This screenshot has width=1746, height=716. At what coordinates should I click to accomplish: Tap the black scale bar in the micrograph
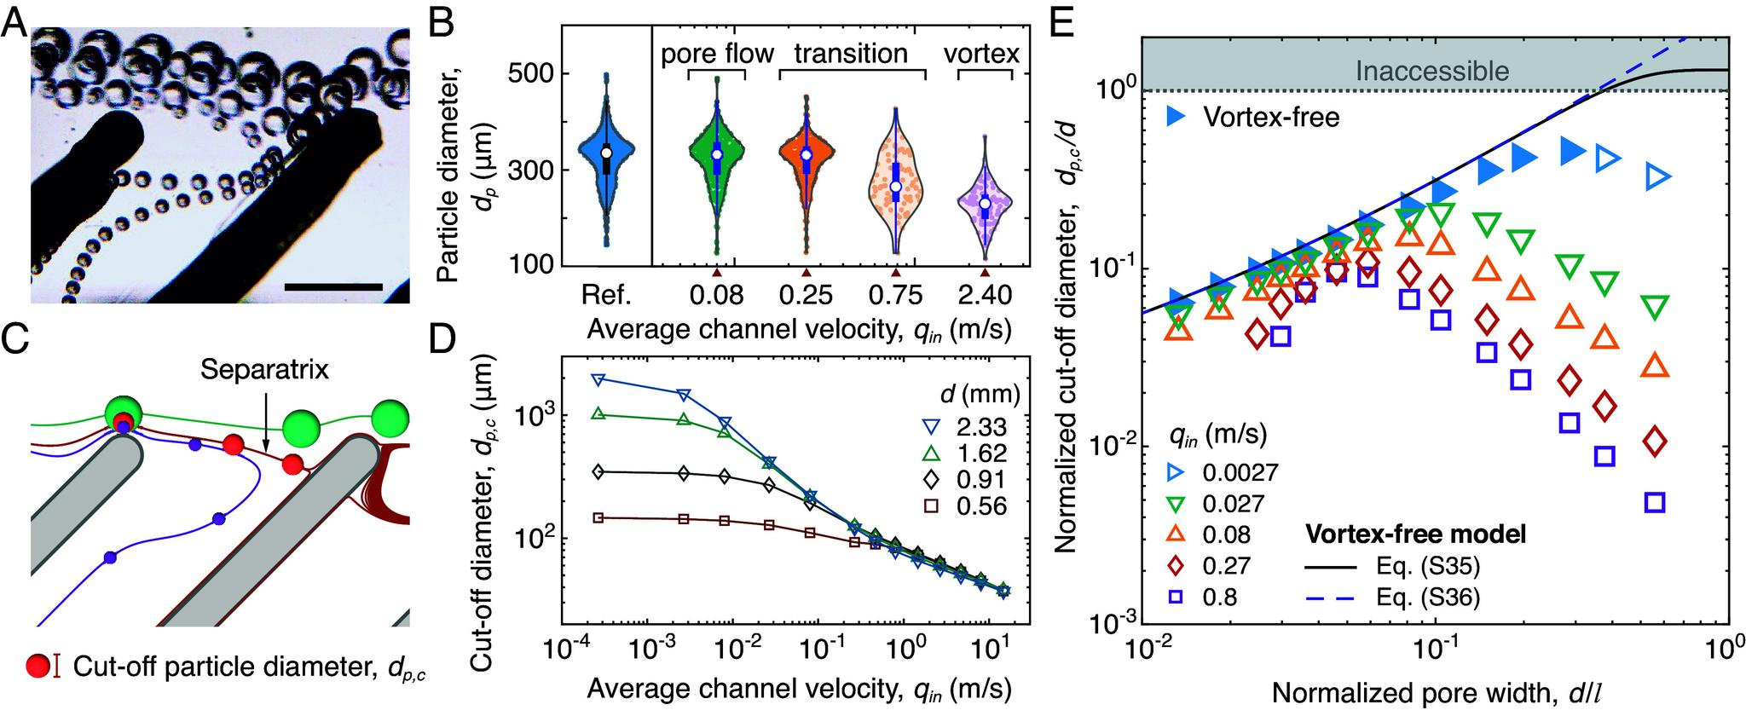point(333,286)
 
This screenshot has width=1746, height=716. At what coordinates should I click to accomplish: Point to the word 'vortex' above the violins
point(981,55)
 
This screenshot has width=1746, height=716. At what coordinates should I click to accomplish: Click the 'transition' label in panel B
point(851,55)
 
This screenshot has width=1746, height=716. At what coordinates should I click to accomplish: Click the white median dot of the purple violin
point(985,203)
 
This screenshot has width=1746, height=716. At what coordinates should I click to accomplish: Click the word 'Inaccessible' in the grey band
point(1432,71)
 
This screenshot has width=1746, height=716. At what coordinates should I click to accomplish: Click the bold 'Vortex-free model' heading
point(1416,534)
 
